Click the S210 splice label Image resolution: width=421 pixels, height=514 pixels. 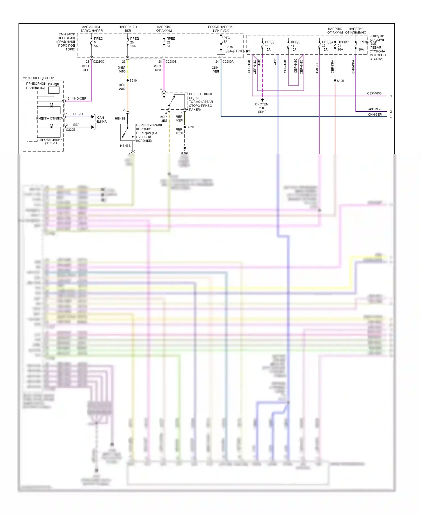(x=133, y=81)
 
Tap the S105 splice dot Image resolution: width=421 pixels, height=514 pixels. (x=335, y=81)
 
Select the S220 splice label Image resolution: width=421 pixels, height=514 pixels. (x=190, y=127)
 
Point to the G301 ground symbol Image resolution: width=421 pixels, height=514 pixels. (x=184, y=148)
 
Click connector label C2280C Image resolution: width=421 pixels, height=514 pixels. (x=99, y=62)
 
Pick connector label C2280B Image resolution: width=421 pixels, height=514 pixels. (x=171, y=62)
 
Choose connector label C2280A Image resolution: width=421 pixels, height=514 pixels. (x=228, y=62)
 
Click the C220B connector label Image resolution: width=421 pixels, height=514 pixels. (x=70, y=130)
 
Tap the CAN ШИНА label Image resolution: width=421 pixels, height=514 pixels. (x=101, y=120)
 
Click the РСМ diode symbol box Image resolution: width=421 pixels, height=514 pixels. (x=221, y=50)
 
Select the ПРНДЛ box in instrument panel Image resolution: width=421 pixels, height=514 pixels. (x=54, y=90)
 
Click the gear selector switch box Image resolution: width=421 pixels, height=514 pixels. (x=128, y=132)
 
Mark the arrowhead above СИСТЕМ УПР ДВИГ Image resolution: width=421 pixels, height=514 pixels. (x=262, y=100)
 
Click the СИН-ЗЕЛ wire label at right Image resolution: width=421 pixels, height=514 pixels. (x=375, y=114)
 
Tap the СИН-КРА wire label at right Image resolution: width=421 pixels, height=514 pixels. (x=374, y=109)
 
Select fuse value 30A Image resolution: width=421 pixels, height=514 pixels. (x=361, y=49)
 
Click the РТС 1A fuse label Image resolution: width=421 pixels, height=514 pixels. (x=226, y=40)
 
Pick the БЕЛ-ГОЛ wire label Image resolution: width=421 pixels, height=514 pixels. (x=80, y=114)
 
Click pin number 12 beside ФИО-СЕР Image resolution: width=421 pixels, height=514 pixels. (x=68, y=99)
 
